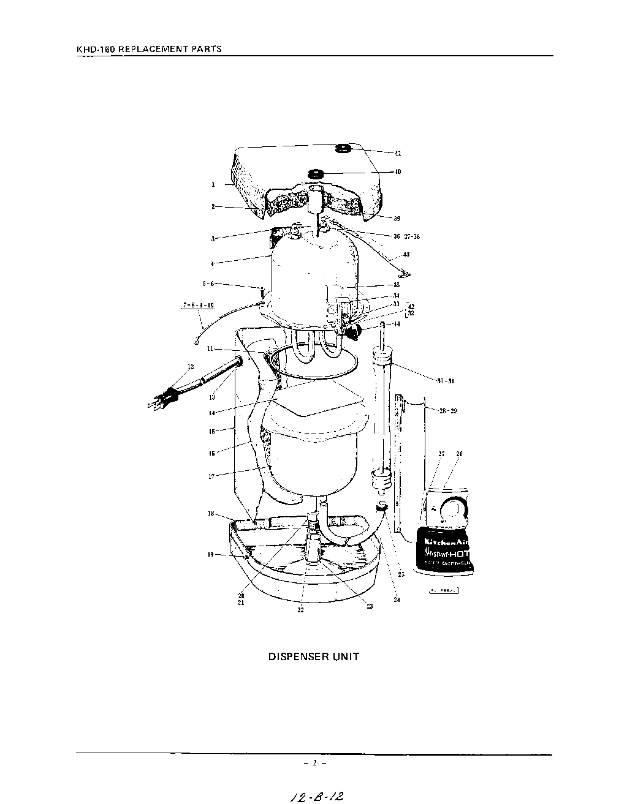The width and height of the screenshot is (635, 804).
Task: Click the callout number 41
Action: click(398, 153)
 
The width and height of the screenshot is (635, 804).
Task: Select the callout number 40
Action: click(397, 171)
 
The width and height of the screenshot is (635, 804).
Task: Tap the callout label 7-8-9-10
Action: click(198, 305)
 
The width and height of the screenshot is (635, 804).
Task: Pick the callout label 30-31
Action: click(446, 381)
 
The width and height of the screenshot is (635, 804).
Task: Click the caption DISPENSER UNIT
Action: click(314, 656)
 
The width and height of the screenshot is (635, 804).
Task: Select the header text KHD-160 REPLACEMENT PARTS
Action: click(149, 48)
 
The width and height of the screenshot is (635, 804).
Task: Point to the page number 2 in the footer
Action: click(314, 763)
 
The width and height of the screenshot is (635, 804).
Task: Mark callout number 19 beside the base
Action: click(210, 554)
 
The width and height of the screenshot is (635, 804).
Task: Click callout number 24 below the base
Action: click(397, 599)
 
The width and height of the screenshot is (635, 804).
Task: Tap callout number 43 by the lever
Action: click(406, 255)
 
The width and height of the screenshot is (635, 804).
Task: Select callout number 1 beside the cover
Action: click(213, 184)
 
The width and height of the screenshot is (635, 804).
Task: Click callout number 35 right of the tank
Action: click(397, 285)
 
